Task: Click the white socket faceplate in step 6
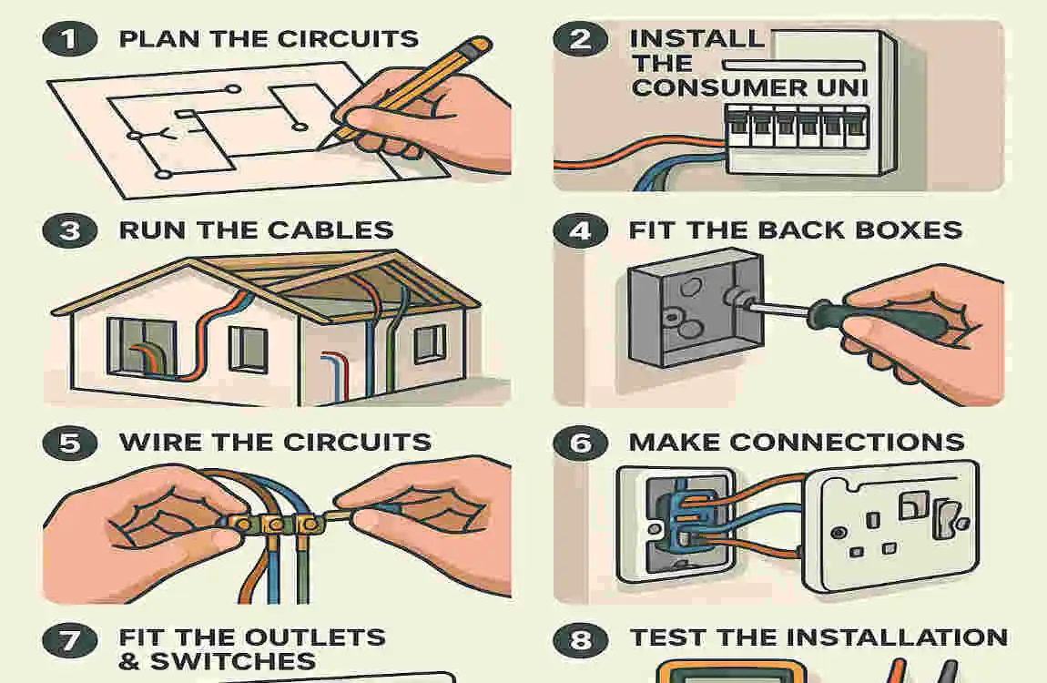pyautogui.click(x=897, y=528)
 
